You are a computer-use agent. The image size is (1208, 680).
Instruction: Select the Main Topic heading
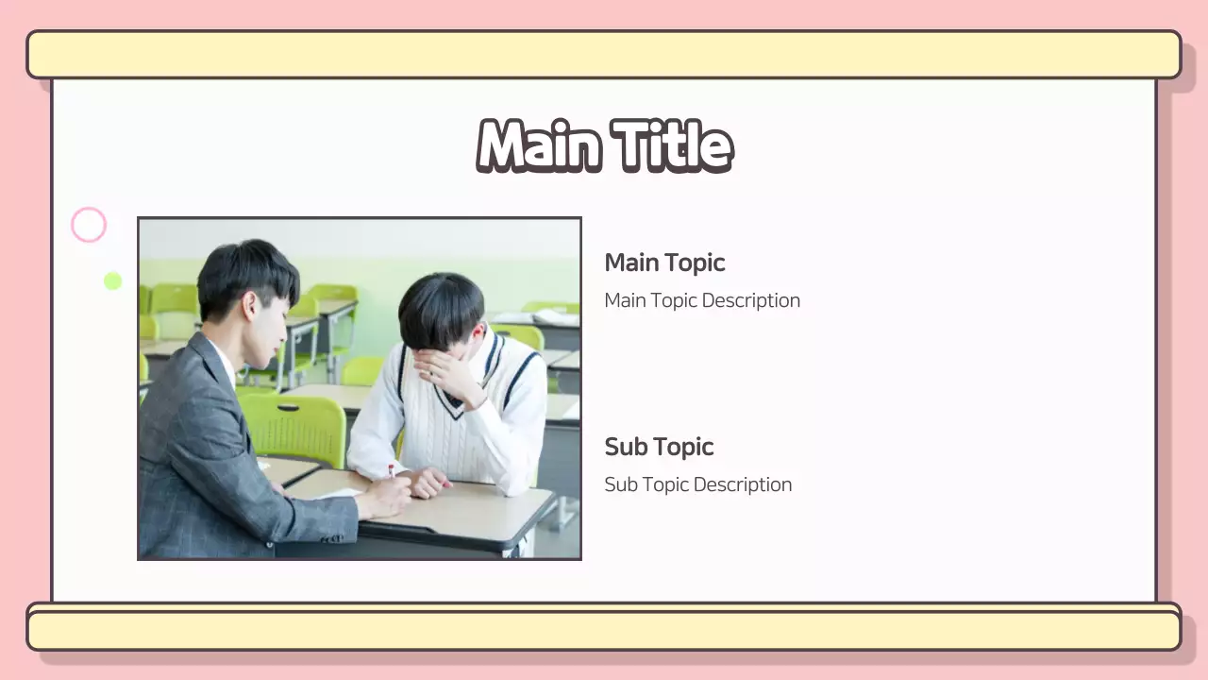tap(664, 263)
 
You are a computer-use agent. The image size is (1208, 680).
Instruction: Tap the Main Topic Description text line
tap(702, 300)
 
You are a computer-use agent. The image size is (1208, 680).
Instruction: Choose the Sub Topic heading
tap(659, 447)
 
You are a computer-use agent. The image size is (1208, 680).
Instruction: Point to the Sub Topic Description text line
tap(697, 484)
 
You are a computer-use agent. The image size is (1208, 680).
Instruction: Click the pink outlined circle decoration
tap(89, 226)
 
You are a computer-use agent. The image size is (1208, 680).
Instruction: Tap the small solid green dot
tap(112, 280)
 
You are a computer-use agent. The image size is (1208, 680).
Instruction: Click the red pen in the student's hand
tap(392, 469)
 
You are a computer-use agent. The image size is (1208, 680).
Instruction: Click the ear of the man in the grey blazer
tap(251, 304)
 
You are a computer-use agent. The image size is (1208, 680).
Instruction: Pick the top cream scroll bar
tap(604, 55)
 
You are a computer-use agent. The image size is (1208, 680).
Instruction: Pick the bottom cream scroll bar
tap(604, 630)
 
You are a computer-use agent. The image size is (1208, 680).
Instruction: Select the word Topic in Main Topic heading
tap(695, 263)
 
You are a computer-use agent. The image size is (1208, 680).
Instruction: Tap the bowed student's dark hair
tap(441, 307)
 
